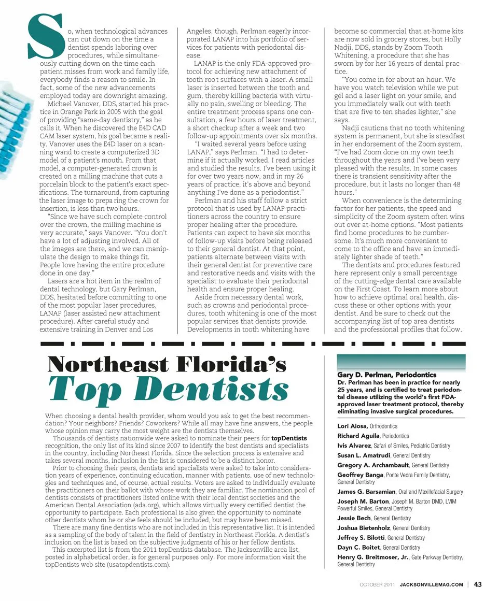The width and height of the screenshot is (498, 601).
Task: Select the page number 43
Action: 478,585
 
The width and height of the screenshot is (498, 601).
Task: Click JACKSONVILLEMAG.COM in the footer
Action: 431,585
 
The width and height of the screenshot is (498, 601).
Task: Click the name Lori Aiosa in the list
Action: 352,426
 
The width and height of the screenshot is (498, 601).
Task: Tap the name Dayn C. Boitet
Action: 358,547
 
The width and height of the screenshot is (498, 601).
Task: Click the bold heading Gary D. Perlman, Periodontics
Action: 386,375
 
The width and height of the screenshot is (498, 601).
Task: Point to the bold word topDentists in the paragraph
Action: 289,438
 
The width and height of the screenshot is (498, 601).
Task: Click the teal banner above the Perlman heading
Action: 401,361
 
